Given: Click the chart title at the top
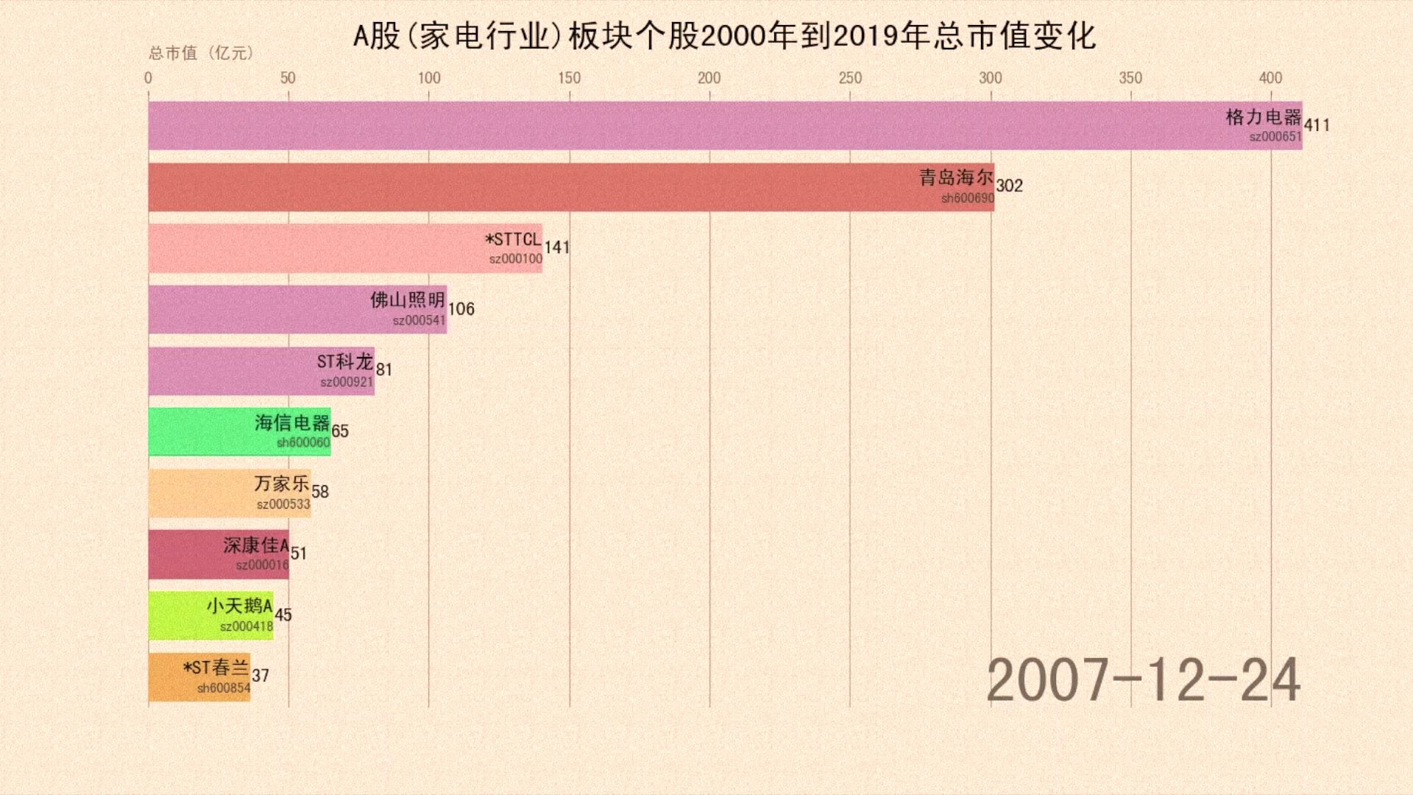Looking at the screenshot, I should (x=724, y=36).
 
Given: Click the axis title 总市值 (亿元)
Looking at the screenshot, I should (x=201, y=53).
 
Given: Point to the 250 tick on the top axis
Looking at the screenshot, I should (x=850, y=78).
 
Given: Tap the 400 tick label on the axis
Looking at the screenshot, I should (x=1270, y=78).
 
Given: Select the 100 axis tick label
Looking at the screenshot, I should (x=429, y=78).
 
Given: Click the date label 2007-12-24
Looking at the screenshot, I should (x=1143, y=681).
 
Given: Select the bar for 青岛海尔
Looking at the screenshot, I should (x=515, y=187).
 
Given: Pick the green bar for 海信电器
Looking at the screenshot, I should (x=199, y=431).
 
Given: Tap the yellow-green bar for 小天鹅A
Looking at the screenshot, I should (x=177, y=615).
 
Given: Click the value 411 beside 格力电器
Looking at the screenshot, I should (x=1317, y=125).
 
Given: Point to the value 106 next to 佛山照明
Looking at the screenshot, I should (x=461, y=309).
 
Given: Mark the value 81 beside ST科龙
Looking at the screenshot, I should (x=384, y=370).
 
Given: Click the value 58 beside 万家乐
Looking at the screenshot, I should (x=320, y=492).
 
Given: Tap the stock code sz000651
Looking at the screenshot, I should (x=1275, y=137).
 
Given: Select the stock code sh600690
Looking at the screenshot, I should (x=968, y=198).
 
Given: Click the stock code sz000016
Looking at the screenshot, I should (x=262, y=565).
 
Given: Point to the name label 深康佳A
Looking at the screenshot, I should (x=256, y=545).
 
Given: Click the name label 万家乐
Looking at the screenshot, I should (x=282, y=484).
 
